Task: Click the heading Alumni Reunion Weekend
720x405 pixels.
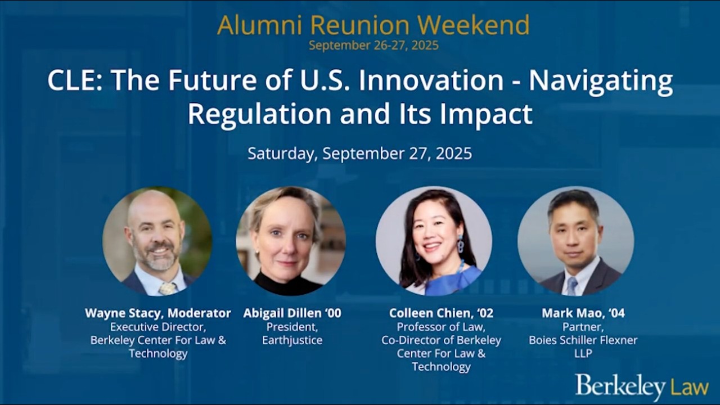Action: pos(373,25)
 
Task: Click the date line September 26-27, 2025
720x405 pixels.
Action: pos(373,46)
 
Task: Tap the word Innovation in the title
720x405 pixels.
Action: pos(431,81)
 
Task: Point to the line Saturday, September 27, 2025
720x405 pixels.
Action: pos(359,154)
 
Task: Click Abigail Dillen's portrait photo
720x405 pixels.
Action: pos(290,241)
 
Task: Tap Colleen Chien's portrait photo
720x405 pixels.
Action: pos(434,241)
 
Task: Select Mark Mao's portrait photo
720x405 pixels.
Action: pos(575,241)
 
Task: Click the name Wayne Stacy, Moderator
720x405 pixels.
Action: pos(157,313)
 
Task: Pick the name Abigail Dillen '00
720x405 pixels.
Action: pos(292,313)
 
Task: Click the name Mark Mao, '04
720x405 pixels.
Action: pos(583,313)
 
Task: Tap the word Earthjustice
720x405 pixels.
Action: pos(292,340)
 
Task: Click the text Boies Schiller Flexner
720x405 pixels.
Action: pos(583,340)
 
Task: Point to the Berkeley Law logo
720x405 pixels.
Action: pos(641,387)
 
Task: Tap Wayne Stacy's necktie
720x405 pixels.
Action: pos(167,289)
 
